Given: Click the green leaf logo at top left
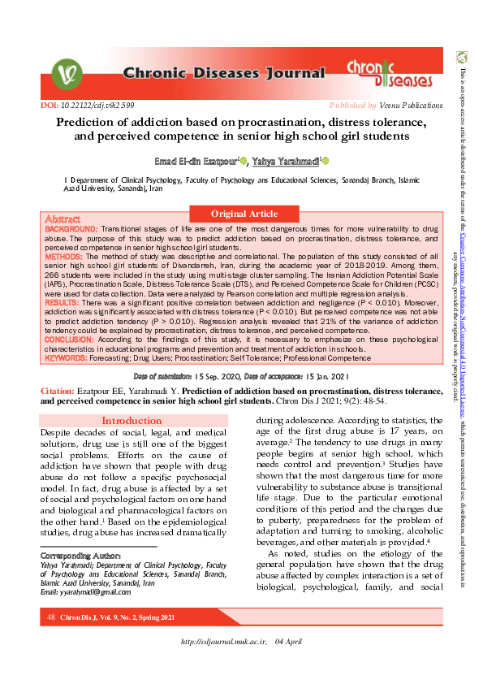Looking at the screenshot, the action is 66,75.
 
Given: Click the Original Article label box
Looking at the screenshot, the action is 244,214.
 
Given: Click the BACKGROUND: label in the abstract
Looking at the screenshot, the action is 71,230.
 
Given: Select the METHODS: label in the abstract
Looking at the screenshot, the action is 64,257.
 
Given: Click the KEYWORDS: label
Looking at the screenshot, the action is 67,357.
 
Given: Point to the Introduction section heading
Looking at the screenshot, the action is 131,421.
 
